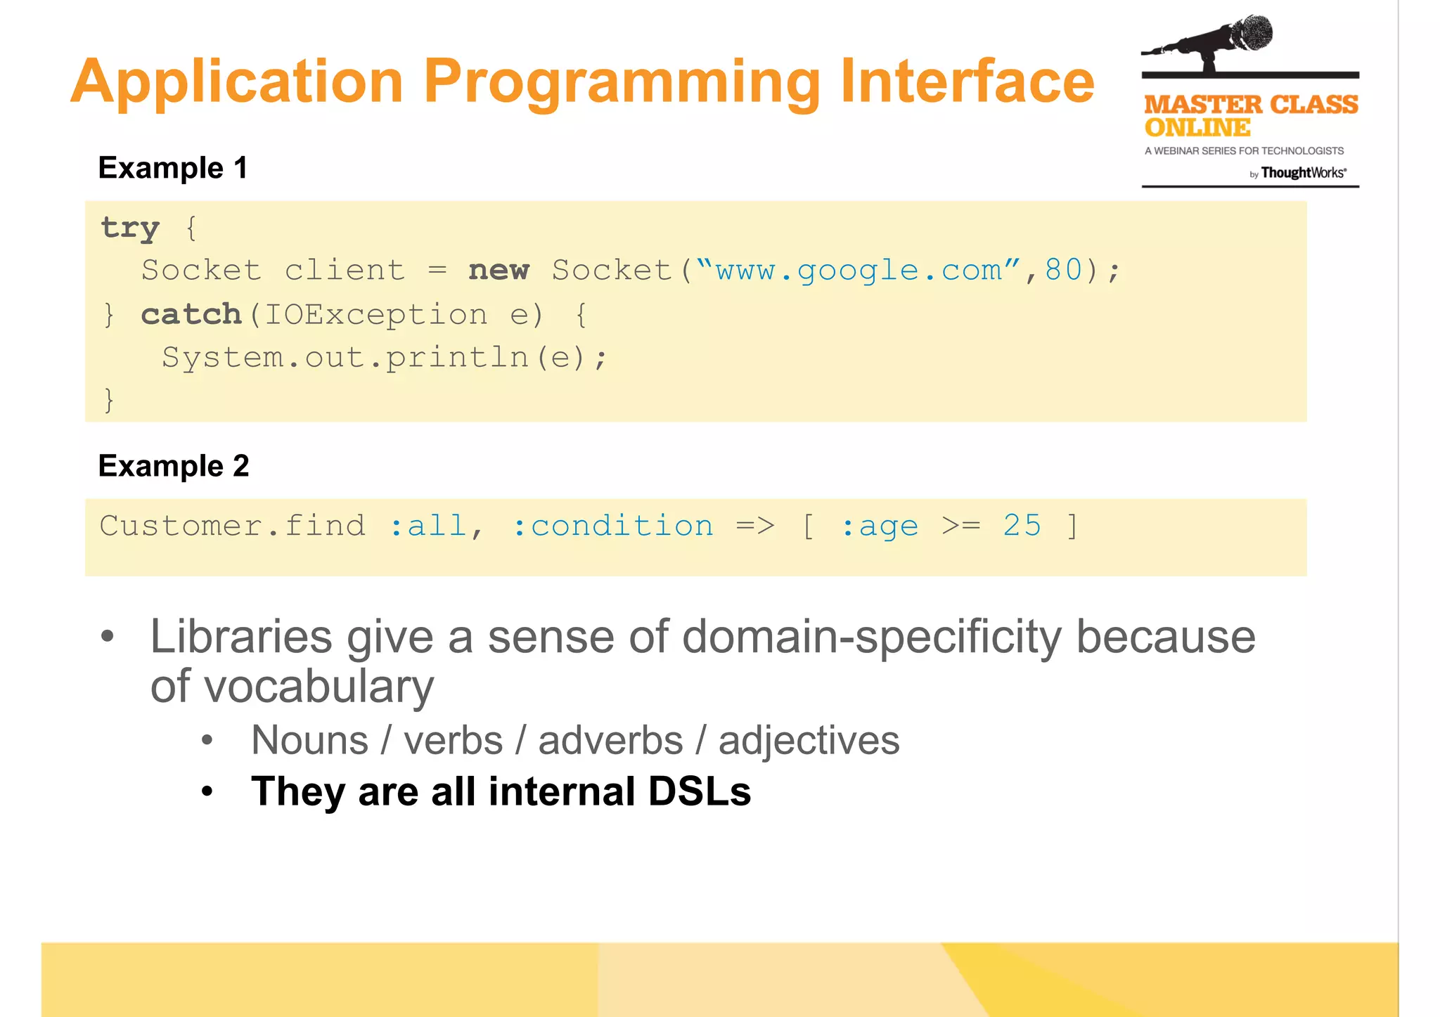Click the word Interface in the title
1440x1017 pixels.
(x=967, y=82)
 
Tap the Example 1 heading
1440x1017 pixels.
(x=173, y=168)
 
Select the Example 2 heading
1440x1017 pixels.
(x=174, y=466)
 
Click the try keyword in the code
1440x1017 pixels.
(x=131, y=228)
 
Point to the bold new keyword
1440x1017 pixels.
(x=499, y=271)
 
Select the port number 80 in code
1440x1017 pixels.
(x=1063, y=271)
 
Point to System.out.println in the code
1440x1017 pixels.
(x=345, y=358)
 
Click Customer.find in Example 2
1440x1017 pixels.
(x=233, y=526)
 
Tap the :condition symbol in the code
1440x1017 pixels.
(x=612, y=526)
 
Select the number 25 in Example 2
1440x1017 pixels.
(x=1022, y=526)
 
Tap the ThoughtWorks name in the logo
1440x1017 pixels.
(x=1303, y=173)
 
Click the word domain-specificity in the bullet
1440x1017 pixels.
(x=871, y=637)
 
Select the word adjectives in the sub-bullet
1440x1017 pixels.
(x=809, y=741)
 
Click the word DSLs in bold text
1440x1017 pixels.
(x=699, y=791)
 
